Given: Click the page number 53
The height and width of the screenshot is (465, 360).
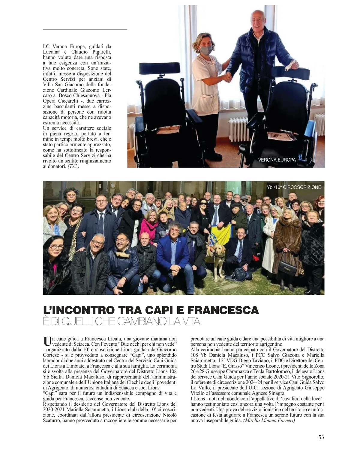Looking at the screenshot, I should pyautogui.click(x=321, y=437).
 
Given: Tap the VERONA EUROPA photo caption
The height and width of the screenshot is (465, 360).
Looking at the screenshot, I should pyautogui.click(x=277, y=160).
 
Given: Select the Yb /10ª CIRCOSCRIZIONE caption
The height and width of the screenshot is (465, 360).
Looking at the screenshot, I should pyautogui.click(x=294, y=187).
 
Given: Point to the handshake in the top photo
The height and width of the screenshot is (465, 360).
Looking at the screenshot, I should pyautogui.click(x=229, y=78).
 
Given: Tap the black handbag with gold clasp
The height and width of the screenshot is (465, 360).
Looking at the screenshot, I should pyautogui.click(x=287, y=266).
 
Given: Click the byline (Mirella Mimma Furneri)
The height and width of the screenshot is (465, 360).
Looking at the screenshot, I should pyautogui.click(x=269, y=421).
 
